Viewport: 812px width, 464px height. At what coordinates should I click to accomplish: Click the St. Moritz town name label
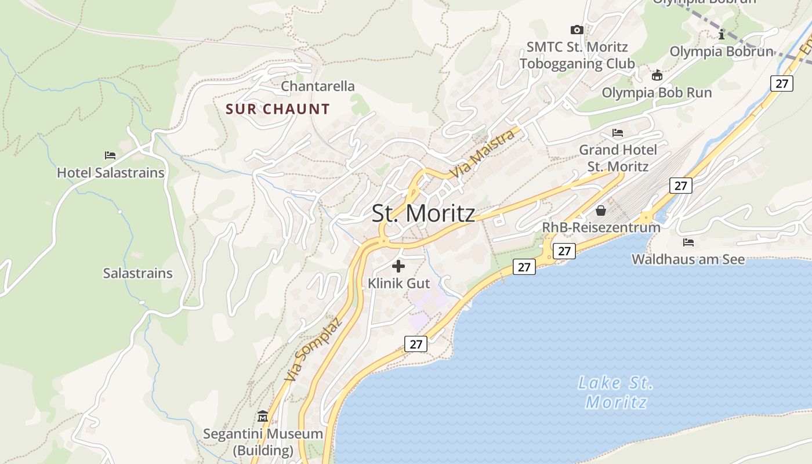click(423, 213)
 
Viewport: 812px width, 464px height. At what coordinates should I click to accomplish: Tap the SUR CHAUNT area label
click(277, 109)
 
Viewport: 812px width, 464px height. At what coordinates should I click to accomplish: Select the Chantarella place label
click(317, 86)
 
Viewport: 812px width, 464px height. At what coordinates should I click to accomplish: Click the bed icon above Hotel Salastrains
click(110, 155)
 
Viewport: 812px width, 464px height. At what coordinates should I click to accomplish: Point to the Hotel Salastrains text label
click(110, 173)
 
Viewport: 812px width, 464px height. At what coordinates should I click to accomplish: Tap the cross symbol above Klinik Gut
click(398, 266)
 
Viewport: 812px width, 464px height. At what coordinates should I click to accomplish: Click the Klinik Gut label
click(399, 284)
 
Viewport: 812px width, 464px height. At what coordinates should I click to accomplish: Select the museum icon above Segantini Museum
click(263, 416)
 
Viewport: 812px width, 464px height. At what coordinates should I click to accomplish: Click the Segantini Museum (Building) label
click(263, 441)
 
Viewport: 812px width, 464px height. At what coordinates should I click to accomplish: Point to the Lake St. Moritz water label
click(616, 392)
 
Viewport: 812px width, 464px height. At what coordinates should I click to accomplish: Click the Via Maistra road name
click(483, 154)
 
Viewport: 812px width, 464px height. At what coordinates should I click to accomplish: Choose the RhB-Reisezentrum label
click(601, 227)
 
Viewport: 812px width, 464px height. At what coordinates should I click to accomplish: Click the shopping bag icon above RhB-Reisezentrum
click(601, 210)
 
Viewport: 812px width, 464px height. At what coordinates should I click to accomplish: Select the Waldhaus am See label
click(688, 259)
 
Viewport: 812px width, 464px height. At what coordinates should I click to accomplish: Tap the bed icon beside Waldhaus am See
click(688, 242)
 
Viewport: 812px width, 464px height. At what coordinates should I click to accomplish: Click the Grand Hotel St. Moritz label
click(618, 158)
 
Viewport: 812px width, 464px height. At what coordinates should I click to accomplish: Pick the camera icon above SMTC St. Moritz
click(577, 30)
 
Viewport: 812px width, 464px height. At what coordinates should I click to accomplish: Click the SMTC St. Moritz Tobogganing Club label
click(577, 55)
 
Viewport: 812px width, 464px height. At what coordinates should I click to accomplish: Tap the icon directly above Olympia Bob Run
click(657, 75)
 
